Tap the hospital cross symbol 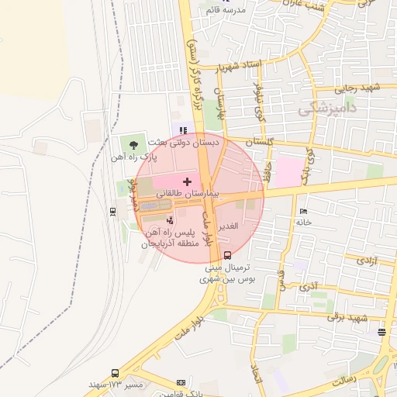tap(186, 181)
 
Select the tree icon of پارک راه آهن tap(134, 143)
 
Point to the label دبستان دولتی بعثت tap(191, 143)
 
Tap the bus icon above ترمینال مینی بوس tap(227, 254)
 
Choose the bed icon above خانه tap(303, 211)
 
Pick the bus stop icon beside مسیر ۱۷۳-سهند tap(115, 373)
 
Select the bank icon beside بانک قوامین tap(181, 382)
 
